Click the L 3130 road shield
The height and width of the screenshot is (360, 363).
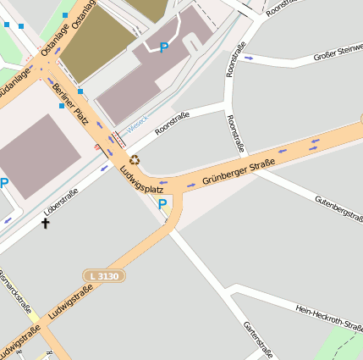pos(103,276)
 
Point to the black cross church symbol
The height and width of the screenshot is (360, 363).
pos(45,224)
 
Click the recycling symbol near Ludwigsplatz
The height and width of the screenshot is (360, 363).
pos(134,159)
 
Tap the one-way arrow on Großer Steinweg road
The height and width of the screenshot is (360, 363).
pos(247,58)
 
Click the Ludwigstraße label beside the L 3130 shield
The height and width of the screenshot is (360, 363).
pos(70,302)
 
